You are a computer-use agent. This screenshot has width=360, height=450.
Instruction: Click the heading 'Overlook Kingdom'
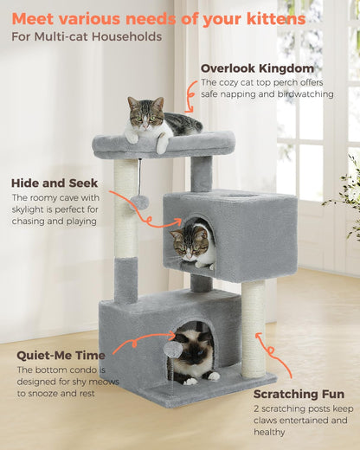click(257, 68)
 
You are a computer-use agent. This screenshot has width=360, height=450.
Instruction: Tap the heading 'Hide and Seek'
click(55, 183)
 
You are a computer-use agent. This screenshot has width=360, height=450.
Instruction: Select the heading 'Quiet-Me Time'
click(61, 355)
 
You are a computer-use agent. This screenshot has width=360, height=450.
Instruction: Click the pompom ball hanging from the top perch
click(141, 201)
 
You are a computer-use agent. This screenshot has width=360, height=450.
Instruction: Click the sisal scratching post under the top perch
click(125, 208)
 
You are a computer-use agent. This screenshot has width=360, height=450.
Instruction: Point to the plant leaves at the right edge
click(349, 190)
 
